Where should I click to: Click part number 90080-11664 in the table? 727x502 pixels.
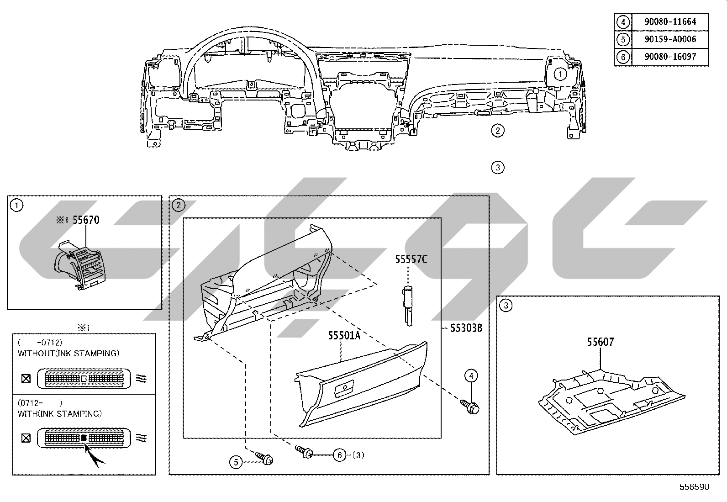[670, 22]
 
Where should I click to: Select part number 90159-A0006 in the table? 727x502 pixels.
[670, 39]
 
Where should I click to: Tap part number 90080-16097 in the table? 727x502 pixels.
[670, 57]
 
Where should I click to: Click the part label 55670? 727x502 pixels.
[86, 220]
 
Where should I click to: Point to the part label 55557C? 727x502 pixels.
[411, 259]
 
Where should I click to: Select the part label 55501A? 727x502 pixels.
[344, 335]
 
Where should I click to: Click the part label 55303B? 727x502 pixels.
[466, 328]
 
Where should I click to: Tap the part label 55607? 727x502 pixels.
[601, 342]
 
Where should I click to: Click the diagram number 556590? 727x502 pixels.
[695, 487]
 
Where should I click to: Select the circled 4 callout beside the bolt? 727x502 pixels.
[471, 375]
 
